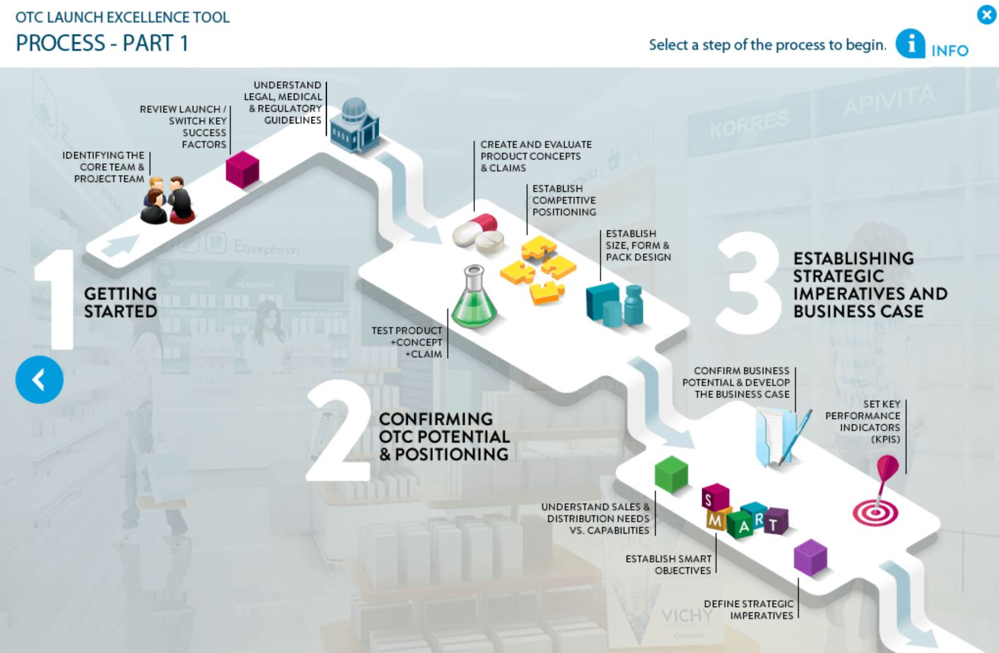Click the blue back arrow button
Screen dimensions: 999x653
[x=39, y=379]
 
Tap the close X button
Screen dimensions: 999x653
[x=986, y=15]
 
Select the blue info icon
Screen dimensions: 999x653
[x=910, y=44]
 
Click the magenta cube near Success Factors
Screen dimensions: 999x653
[x=242, y=169]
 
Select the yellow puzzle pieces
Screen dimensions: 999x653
[x=538, y=270]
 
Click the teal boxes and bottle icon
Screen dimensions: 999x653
[x=614, y=304]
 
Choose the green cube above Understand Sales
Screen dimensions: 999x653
[x=671, y=474]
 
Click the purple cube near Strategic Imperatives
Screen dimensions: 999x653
[x=810, y=558]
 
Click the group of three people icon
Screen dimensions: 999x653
[x=167, y=200]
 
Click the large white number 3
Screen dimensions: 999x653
[x=749, y=283]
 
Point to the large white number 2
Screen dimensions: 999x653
[x=338, y=430]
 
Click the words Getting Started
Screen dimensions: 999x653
[x=120, y=302]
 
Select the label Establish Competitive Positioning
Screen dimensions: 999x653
[x=564, y=200]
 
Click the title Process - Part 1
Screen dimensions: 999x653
[x=102, y=43]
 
